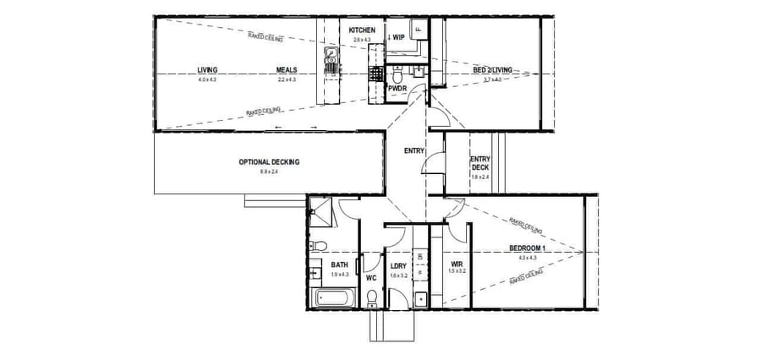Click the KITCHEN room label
tap(362, 30)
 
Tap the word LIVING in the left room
tap(207, 70)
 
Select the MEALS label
tap(286, 70)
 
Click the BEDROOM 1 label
tap(528, 248)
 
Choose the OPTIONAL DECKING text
tap(269, 162)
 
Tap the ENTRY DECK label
tap(479, 163)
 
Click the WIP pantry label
tap(397, 37)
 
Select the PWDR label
tap(397, 87)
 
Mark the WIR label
tap(457, 264)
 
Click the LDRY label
tap(399, 265)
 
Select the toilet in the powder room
tap(399, 68)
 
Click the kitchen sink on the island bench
tap(331, 60)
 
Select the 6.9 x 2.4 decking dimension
tap(269, 172)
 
